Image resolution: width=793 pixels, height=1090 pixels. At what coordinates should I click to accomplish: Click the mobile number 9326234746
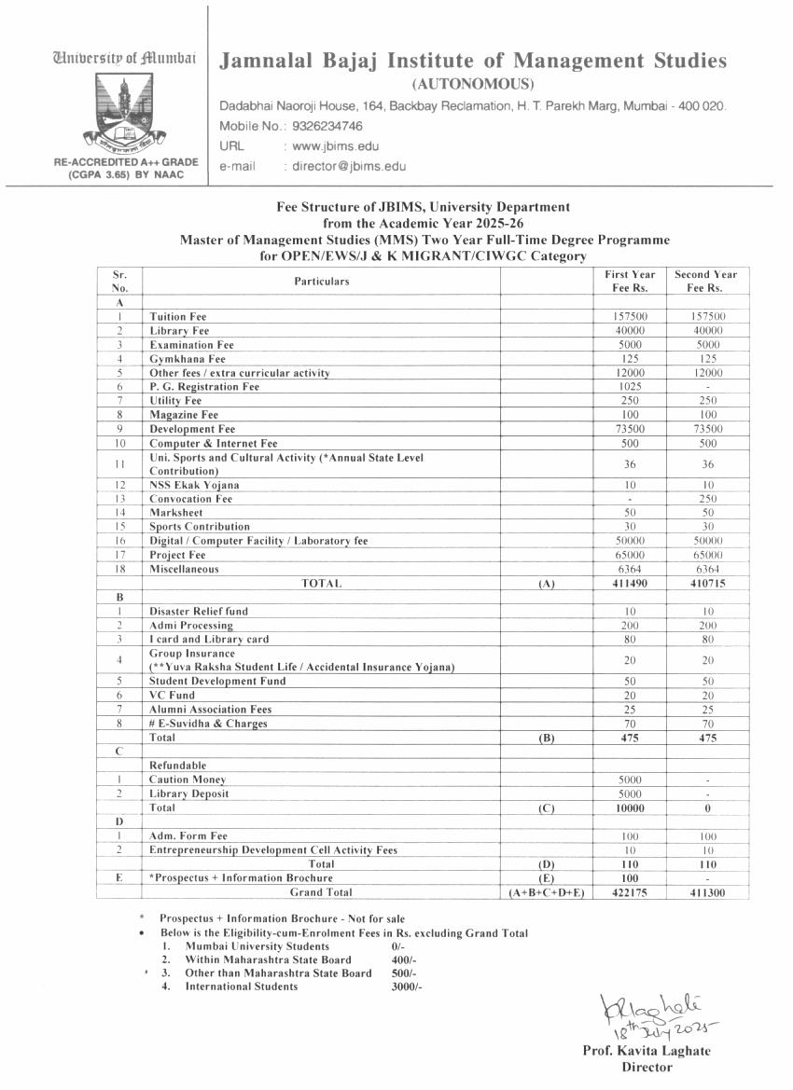pyautogui.click(x=327, y=126)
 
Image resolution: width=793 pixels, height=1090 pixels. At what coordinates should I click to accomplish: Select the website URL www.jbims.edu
pyautogui.click(x=336, y=146)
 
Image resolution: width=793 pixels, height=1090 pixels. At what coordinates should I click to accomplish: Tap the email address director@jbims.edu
pyautogui.click(x=349, y=166)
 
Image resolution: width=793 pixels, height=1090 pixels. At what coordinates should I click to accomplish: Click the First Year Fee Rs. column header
pyautogui.click(x=630, y=281)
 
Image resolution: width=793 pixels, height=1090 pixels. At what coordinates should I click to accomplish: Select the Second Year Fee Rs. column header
pyautogui.click(x=705, y=281)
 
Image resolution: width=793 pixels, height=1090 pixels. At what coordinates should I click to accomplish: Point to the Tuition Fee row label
pyautogui.click(x=178, y=317)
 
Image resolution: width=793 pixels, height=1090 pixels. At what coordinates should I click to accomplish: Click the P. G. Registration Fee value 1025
pyautogui.click(x=630, y=387)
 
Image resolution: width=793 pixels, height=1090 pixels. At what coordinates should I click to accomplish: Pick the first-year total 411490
pyautogui.click(x=630, y=584)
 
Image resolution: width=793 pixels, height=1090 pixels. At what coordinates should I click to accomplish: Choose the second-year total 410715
pyautogui.click(x=705, y=584)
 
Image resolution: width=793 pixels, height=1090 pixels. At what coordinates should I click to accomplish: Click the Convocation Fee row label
pyautogui.click(x=191, y=499)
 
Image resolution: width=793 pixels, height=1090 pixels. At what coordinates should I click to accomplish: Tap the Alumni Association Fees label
pyautogui.click(x=210, y=710)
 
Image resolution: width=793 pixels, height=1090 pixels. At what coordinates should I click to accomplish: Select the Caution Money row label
pyautogui.click(x=188, y=780)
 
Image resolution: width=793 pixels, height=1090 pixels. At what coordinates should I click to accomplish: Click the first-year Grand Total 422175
pyautogui.click(x=630, y=893)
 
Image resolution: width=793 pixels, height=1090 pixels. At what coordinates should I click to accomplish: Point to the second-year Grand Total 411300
pyautogui.click(x=705, y=893)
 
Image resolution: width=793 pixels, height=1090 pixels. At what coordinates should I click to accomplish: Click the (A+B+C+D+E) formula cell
pyautogui.click(x=547, y=893)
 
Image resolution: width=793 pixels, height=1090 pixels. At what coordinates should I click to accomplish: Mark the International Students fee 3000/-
pyautogui.click(x=407, y=987)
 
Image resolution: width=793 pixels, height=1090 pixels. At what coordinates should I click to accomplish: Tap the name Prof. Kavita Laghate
pyautogui.click(x=646, y=1052)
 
